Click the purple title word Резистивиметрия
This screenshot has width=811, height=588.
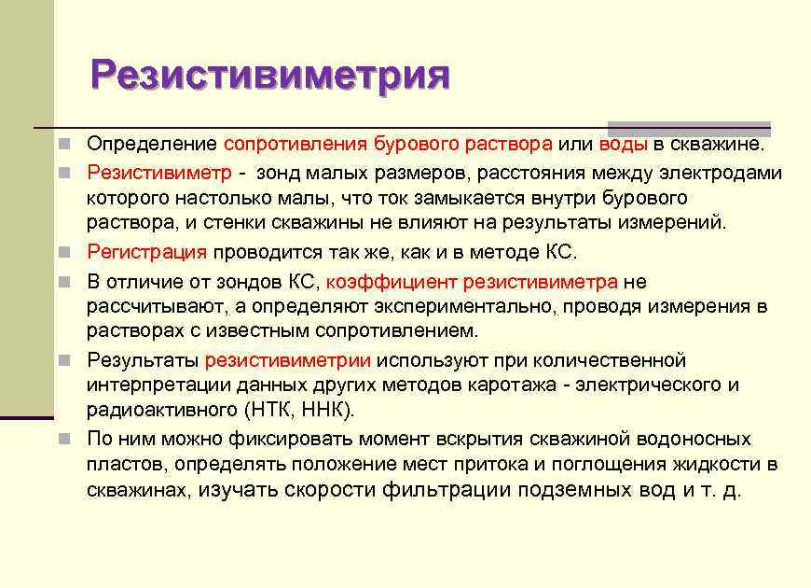pos(270,74)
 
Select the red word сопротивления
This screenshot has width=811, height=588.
pos(295,145)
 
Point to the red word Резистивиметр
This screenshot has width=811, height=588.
pos(158,172)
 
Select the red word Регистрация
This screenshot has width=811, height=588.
pos(146,252)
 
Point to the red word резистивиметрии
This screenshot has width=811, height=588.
pos(288,360)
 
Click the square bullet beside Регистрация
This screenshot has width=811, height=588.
pos(63,253)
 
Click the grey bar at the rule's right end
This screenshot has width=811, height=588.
pos(689,129)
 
